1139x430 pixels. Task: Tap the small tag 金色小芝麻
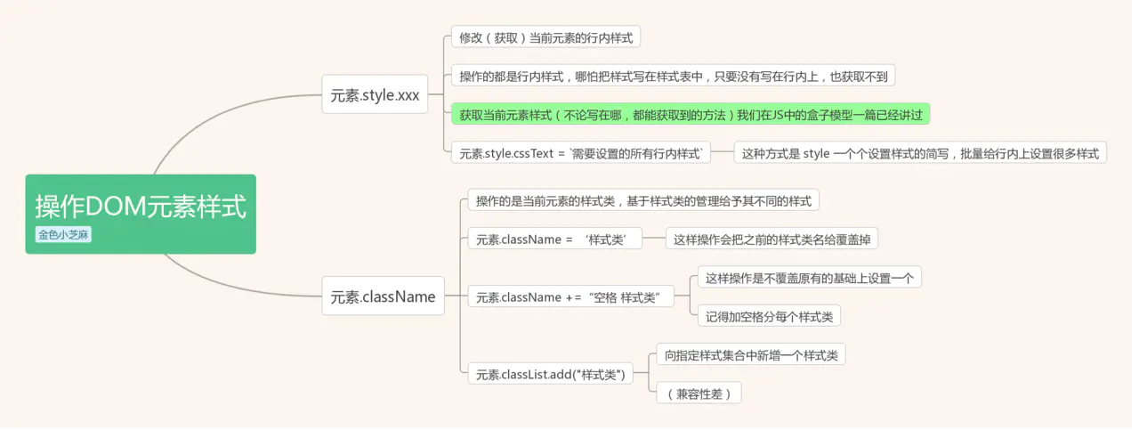(x=63, y=235)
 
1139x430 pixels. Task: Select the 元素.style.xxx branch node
(x=375, y=95)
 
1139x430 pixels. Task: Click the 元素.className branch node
(x=383, y=296)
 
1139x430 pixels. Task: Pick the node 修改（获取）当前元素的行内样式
(x=545, y=37)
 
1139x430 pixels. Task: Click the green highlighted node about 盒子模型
(x=690, y=114)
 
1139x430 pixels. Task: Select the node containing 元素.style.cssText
(x=581, y=153)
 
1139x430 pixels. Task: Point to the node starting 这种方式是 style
(x=920, y=153)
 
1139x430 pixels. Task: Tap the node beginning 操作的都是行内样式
(x=672, y=76)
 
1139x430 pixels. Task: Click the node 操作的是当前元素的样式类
(x=642, y=200)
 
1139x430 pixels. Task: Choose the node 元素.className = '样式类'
(x=559, y=239)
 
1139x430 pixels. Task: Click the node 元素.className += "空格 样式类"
(x=570, y=296)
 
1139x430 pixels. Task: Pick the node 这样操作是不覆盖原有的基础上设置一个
(x=809, y=278)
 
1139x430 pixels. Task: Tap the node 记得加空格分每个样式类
(x=769, y=316)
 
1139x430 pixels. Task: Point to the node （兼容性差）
(x=699, y=393)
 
